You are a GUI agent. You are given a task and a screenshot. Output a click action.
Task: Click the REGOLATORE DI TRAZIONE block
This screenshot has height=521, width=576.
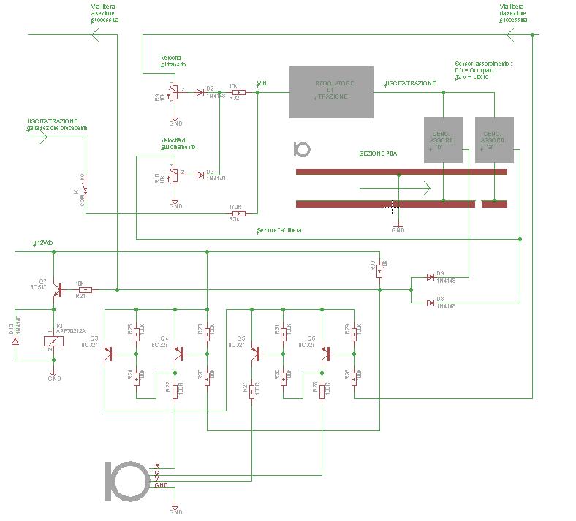(x=332, y=93)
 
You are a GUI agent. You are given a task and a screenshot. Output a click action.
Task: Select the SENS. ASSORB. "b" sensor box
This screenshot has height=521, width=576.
(x=443, y=140)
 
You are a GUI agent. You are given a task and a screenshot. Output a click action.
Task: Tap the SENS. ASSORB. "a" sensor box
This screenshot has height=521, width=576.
(x=494, y=140)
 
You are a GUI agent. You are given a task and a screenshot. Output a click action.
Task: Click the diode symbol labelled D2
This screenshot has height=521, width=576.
(x=200, y=92)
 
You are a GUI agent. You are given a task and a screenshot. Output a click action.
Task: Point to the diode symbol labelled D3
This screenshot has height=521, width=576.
(x=200, y=175)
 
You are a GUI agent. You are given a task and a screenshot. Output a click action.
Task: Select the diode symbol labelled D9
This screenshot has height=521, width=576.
(x=431, y=278)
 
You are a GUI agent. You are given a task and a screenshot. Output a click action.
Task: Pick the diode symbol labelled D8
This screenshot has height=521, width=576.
(x=431, y=302)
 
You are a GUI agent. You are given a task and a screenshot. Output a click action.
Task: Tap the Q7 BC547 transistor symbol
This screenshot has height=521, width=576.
(x=56, y=290)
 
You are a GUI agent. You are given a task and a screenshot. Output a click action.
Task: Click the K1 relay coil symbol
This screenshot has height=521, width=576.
(x=54, y=341)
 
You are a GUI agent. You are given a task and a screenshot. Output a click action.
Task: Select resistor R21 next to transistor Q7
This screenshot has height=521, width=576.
(x=85, y=290)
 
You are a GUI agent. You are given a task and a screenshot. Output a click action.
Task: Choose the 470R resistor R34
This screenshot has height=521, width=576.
(x=238, y=213)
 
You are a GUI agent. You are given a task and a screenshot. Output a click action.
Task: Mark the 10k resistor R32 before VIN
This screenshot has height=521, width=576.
(x=238, y=92)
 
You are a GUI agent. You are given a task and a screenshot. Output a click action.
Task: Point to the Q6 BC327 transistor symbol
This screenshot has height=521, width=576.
(x=327, y=353)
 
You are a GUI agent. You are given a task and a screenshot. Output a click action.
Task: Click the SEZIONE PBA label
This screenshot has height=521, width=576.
(x=378, y=154)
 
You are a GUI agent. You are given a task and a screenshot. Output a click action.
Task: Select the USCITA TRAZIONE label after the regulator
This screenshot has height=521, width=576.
(x=411, y=83)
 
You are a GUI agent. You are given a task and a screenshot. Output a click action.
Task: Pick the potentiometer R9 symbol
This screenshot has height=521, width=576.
(x=173, y=93)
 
